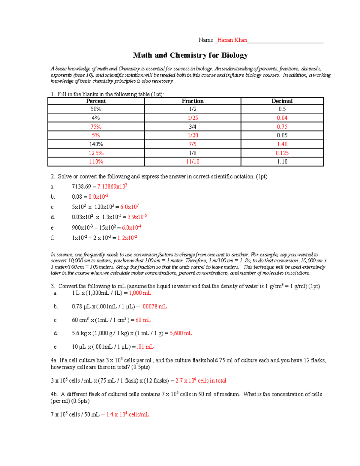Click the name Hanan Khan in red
pyautogui.click(x=232, y=40)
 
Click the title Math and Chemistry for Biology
pyautogui.click(x=190, y=55)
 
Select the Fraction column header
pyautogui.click(x=193, y=101)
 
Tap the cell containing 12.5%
pyautogui.click(x=96, y=153)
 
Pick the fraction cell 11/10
pyautogui.click(x=193, y=162)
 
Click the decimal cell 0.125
pyautogui.click(x=282, y=153)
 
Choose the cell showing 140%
pyautogui.click(x=96, y=144)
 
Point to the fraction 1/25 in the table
pyautogui.click(x=193, y=118)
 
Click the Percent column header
pyautogui.click(x=96, y=101)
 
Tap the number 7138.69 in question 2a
pyautogui.click(x=81, y=187)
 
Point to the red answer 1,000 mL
pyautogui.click(x=140, y=293)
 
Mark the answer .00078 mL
pyautogui.click(x=154, y=307)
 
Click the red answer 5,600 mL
pyautogui.click(x=181, y=333)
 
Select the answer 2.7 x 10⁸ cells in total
pyautogui.click(x=201, y=381)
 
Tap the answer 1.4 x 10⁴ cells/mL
pyautogui.click(x=127, y=415)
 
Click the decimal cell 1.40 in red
pyautogui.click(x=282, y=144)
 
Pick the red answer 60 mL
pyautogui.click(x=143, y=320)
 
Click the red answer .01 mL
pyautogui.click(x=145, y=347)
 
